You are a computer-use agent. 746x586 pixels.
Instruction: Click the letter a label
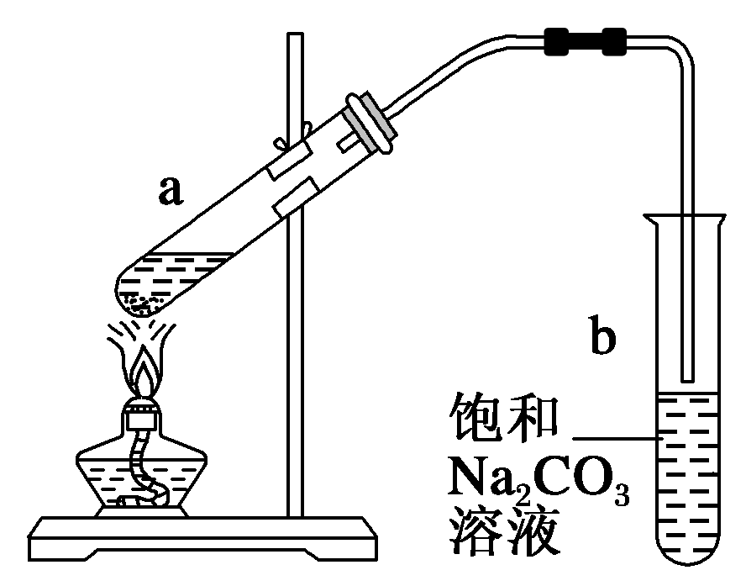(x=171, y=192)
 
